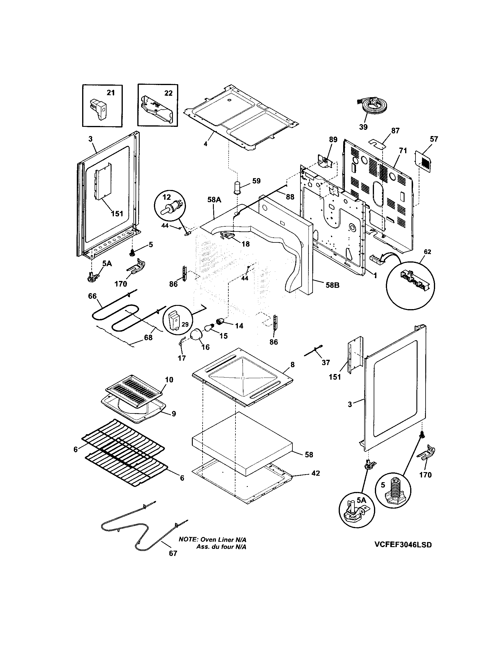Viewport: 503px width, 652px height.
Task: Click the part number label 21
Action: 111,93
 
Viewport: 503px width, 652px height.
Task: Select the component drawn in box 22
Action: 157,109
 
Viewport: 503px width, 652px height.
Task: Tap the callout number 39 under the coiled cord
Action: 363,127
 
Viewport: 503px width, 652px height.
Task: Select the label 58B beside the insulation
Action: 332,285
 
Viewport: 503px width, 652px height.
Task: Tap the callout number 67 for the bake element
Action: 173,554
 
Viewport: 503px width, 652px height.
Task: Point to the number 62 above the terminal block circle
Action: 427,252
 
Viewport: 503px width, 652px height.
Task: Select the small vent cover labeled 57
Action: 424,161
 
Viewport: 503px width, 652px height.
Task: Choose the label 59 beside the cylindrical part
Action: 256,181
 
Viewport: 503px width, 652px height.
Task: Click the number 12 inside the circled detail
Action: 167,197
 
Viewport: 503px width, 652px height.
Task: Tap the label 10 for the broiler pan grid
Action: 169,380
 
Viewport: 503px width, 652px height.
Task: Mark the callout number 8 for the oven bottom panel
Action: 292,365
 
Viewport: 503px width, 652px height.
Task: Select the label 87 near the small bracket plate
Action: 395,131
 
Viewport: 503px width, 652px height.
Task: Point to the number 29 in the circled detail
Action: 185,324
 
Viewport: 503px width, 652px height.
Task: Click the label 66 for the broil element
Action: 92,296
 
